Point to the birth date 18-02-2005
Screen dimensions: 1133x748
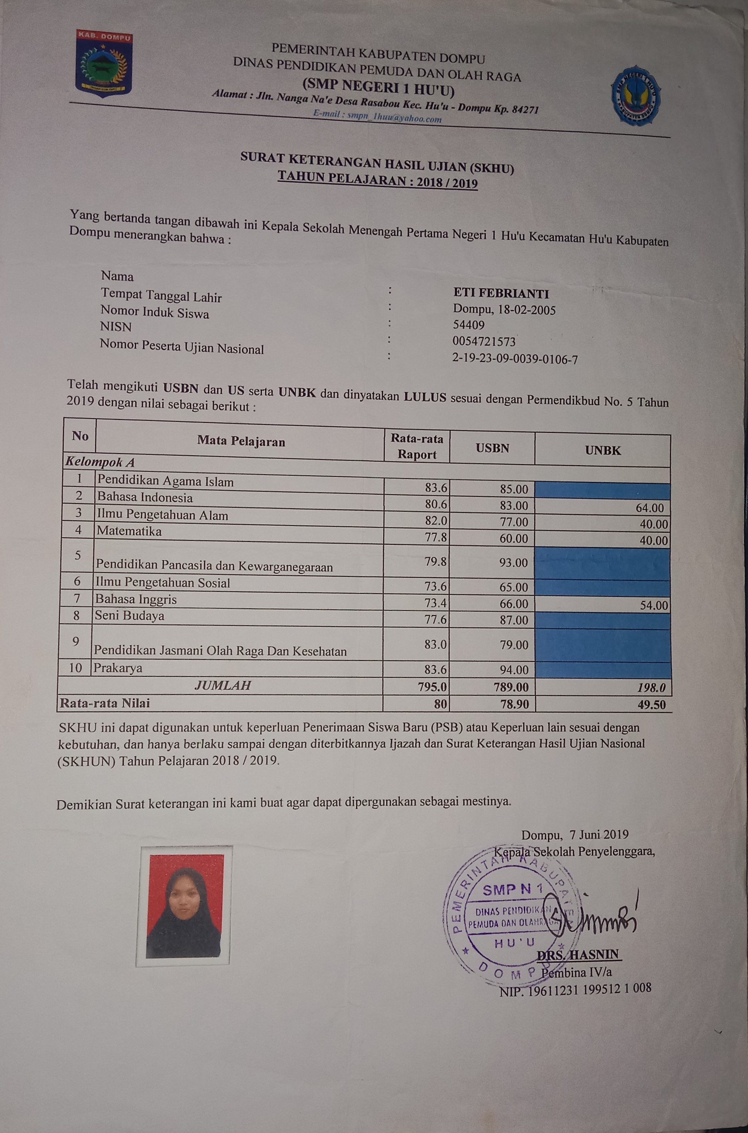[527, 310]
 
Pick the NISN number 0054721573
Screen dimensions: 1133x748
[484, 342]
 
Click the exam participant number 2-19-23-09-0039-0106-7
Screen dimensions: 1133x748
[515, 359]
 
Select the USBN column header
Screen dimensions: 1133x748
[492, 448]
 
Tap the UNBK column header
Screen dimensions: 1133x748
[603, 450]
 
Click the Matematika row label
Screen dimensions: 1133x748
[129, 531]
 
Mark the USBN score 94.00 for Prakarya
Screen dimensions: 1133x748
[513, 670]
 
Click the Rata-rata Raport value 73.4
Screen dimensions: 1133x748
[435, 603]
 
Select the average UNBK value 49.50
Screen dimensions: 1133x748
[651, 705]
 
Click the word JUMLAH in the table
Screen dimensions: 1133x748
[222, 686]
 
